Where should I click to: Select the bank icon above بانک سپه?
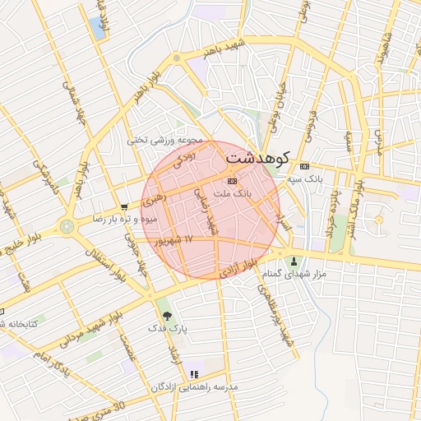coord(304,164)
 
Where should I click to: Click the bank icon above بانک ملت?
coord(231,180)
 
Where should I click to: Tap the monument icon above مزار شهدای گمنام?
coord(292,260)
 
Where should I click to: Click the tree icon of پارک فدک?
coord(168,315)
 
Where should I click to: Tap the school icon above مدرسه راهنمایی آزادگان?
coord(195,374)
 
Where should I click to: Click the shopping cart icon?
coord(124,207)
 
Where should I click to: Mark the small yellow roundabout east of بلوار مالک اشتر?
coord(379,220)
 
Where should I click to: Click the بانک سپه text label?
coord(304,178)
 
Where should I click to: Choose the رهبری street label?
coord(153,200)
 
